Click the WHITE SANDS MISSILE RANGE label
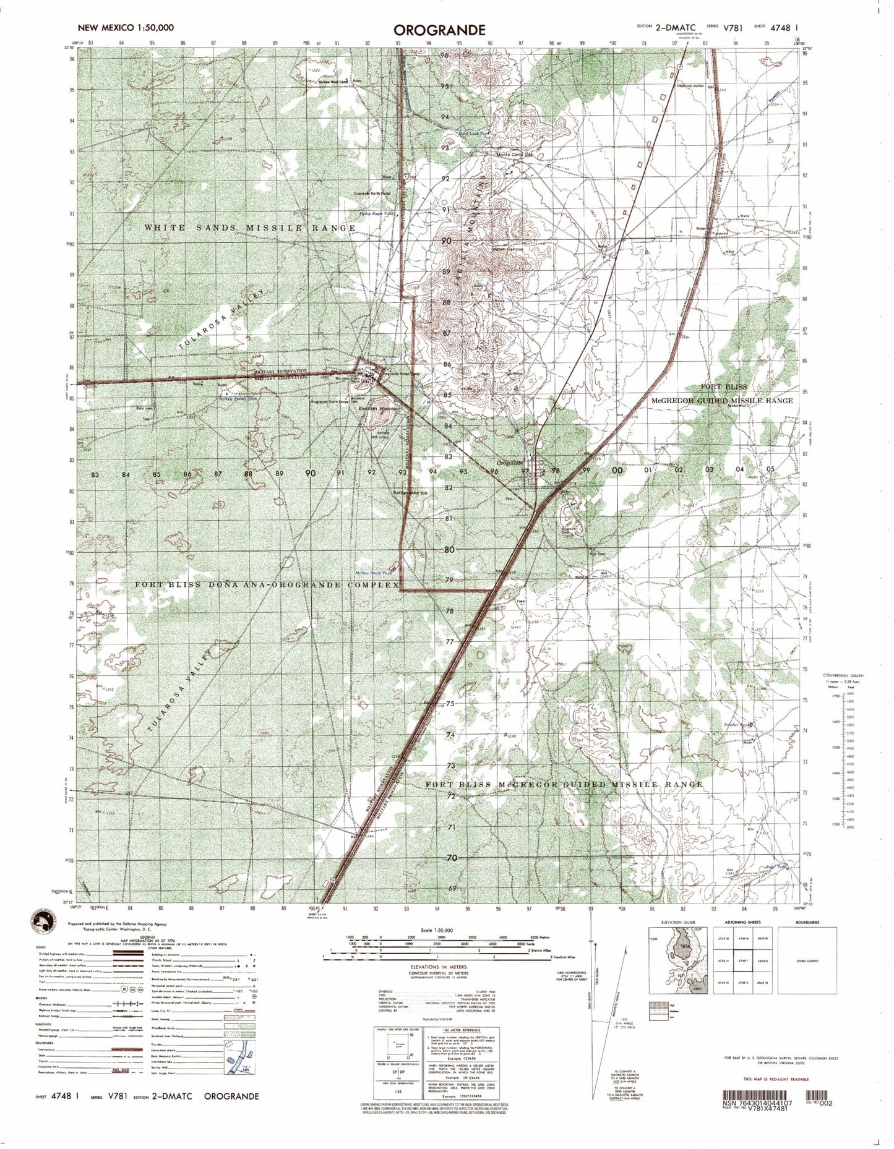(x=250, y=228)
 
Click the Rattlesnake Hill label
(x=411, y=493)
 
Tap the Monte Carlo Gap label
(x=514, y=155)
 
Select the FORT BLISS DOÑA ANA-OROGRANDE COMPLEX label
(x=267, y=584)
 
